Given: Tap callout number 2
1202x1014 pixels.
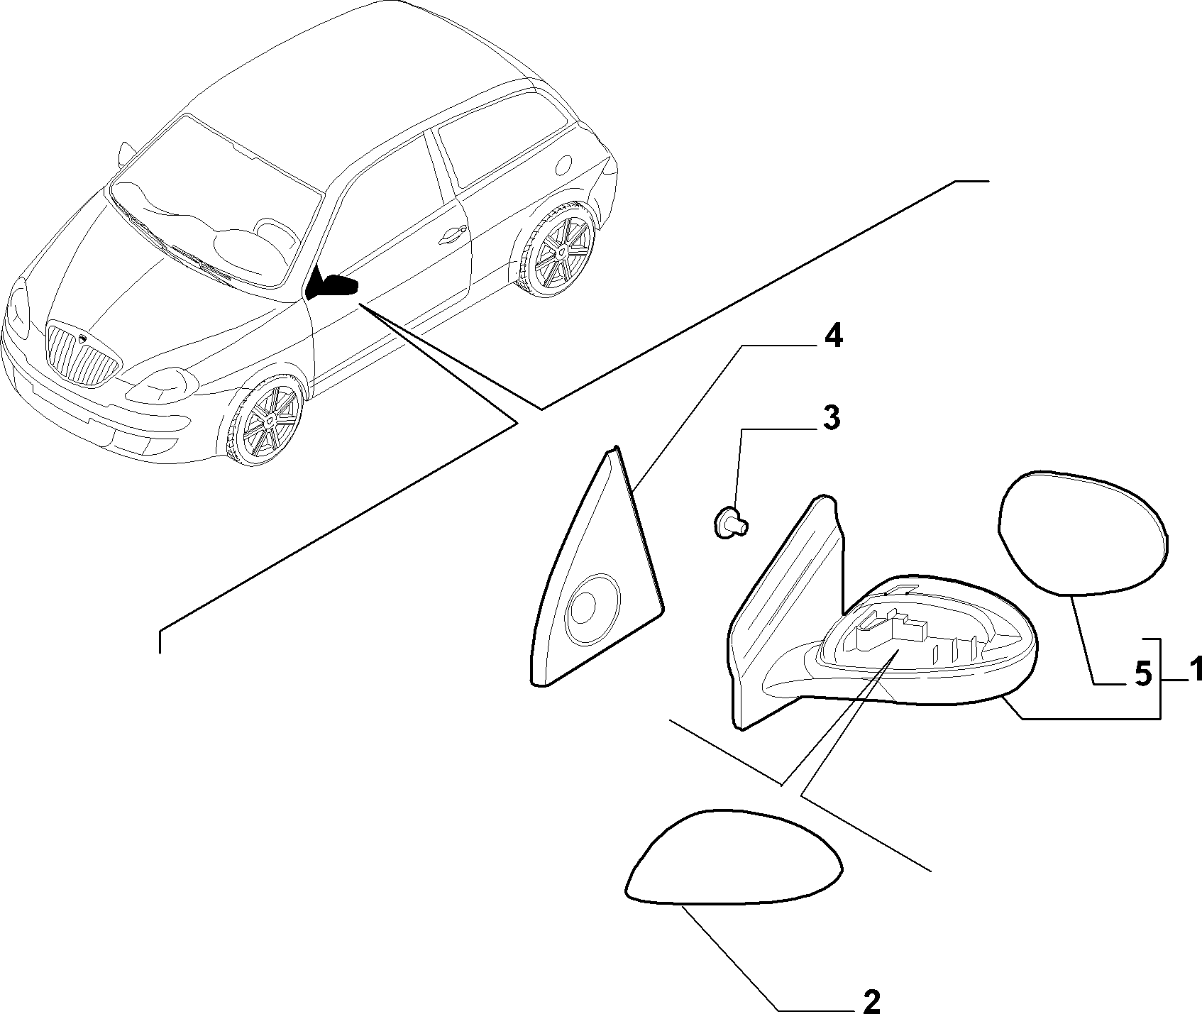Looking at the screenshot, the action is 871,1001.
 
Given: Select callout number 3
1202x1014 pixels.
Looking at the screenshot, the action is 832,419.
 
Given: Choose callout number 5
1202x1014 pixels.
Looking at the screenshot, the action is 1142,673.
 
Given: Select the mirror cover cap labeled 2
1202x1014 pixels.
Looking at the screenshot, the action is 734,856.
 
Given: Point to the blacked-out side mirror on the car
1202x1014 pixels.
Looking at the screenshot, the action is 331,284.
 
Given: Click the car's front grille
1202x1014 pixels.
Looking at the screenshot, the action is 80,355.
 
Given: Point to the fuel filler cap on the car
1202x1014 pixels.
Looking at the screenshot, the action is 564,165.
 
